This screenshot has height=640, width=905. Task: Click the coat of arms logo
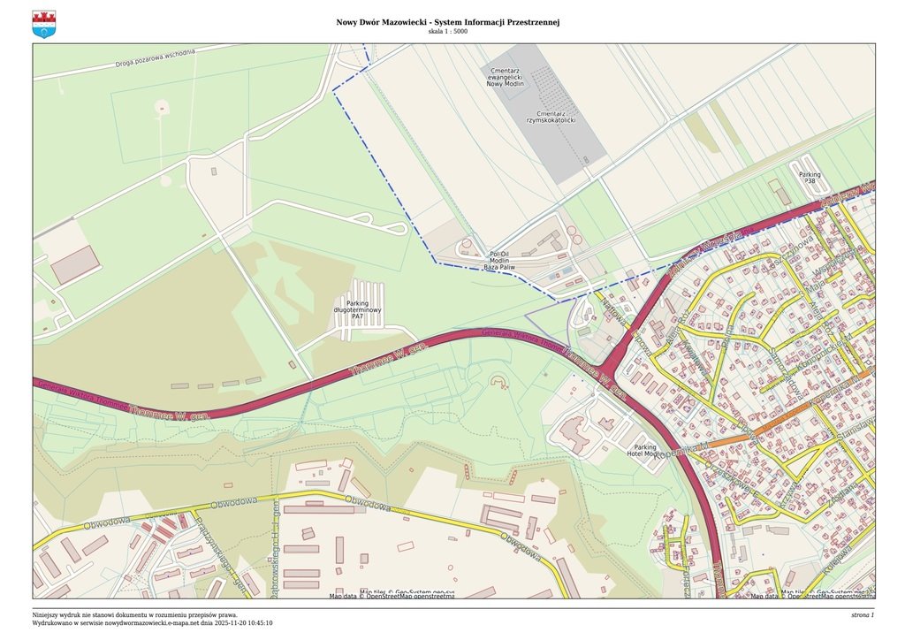pyautogui.click(x=43, y=24)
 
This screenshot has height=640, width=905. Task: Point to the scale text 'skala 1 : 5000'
pyautogui.click(x=447, y=32)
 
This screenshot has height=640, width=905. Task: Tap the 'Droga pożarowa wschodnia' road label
pyautogui.click(x=155, y=58)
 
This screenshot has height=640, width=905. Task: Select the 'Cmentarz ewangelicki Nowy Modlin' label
pyautogui.click(x=506, y=77)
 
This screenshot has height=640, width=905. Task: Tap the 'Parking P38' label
pyautogui.click(x=810, y=178)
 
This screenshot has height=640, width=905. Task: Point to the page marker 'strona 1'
pyautogui.click(x=862, y=614)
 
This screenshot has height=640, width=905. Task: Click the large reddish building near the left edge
pyautogui.click(x=75, y=264)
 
